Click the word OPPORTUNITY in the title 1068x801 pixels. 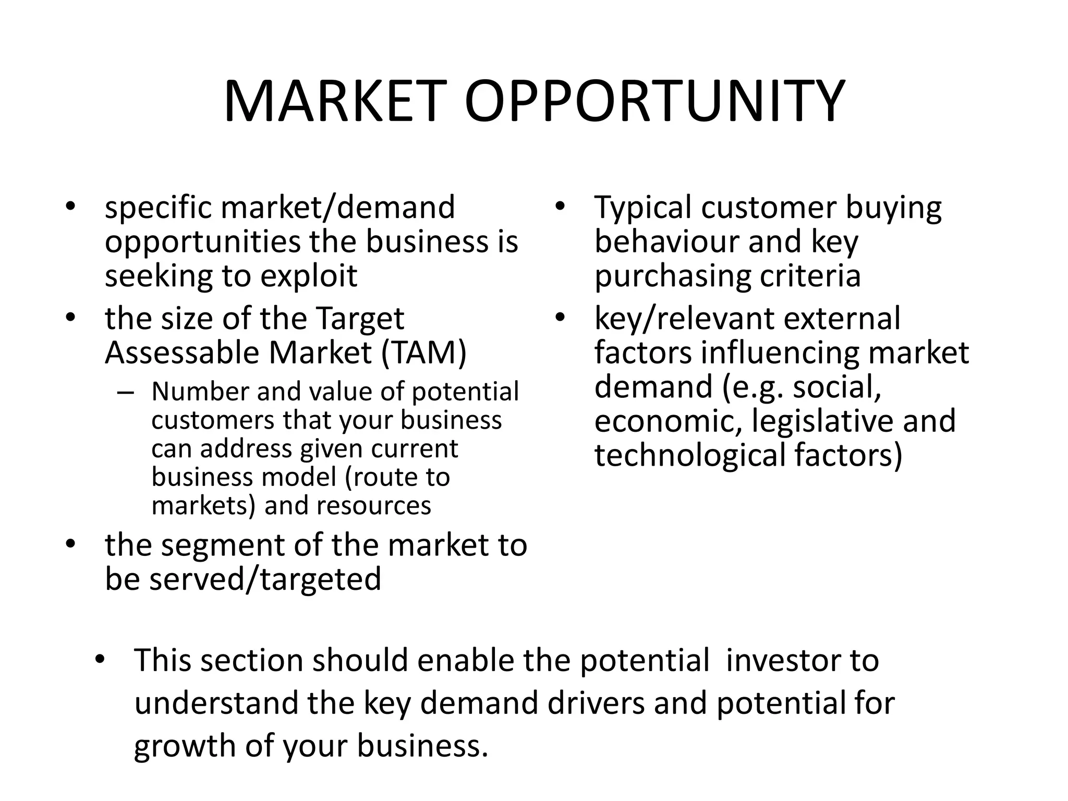654,101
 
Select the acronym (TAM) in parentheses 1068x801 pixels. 423,353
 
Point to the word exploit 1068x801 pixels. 309,276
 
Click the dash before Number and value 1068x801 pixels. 126,393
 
